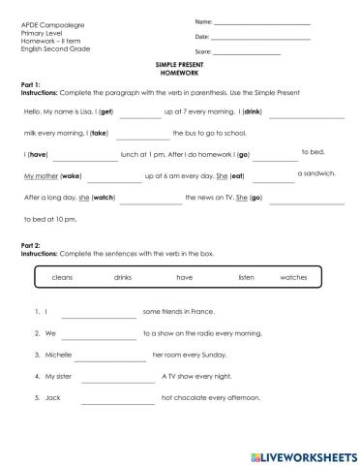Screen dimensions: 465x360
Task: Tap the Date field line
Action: (259, 37)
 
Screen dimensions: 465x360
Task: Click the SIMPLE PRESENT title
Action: (179, 63)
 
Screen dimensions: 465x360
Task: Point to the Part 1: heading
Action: (30, 84)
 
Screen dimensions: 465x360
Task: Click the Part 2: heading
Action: (30, 246)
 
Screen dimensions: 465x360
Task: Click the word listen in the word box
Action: (246, 277)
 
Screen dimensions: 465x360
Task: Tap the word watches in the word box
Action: (292, 277)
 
